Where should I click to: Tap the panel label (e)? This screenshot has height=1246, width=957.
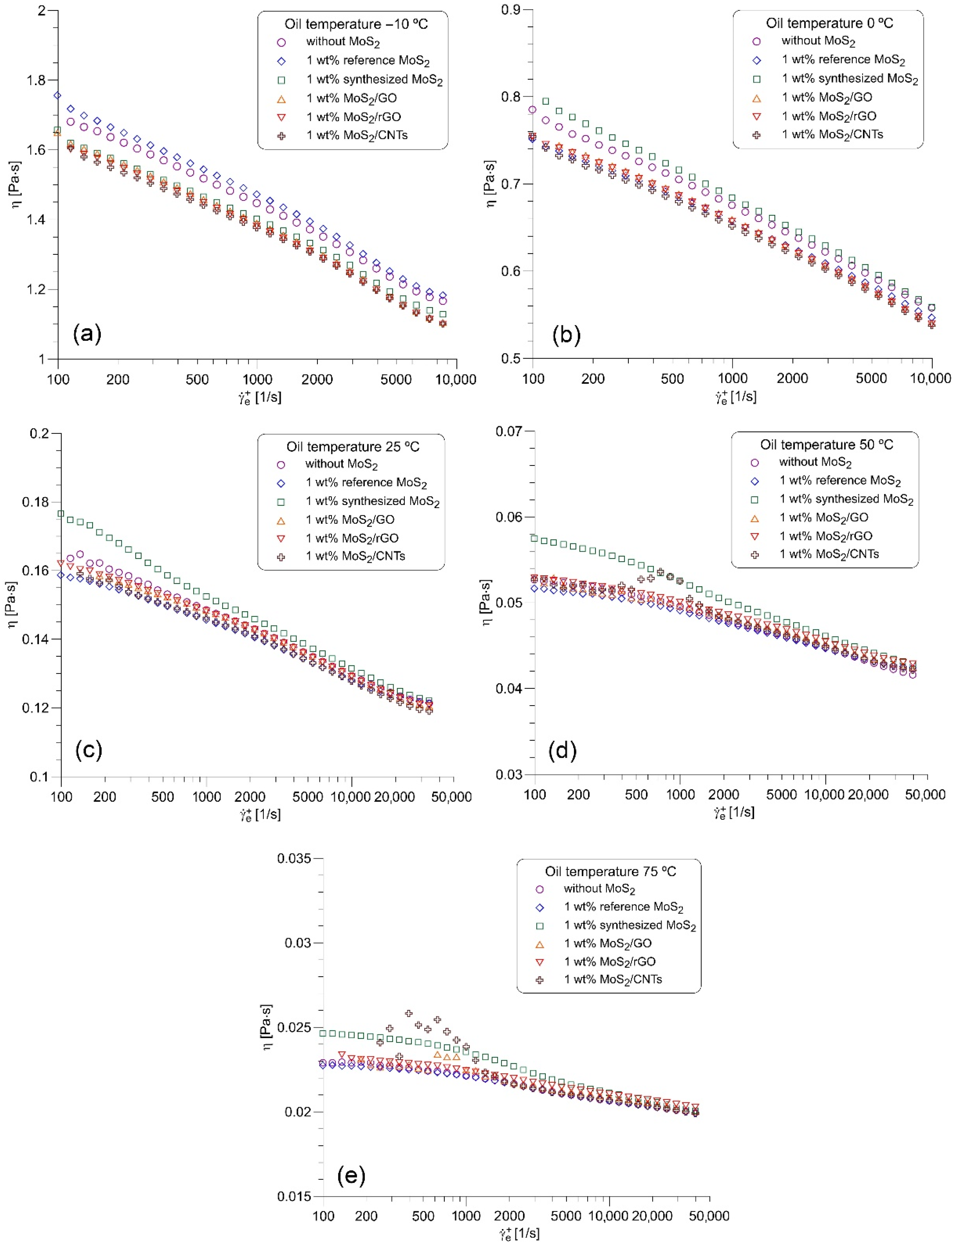(x=351, y=1174)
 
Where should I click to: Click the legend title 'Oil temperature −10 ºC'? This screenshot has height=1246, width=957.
(x=356, y=24)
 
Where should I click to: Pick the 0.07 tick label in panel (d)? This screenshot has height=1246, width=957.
(x=509, y=431)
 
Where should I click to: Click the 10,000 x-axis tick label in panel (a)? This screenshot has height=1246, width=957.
(x=456, y=380)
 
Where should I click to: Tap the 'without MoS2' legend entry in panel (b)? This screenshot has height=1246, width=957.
(x=817, y=41)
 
